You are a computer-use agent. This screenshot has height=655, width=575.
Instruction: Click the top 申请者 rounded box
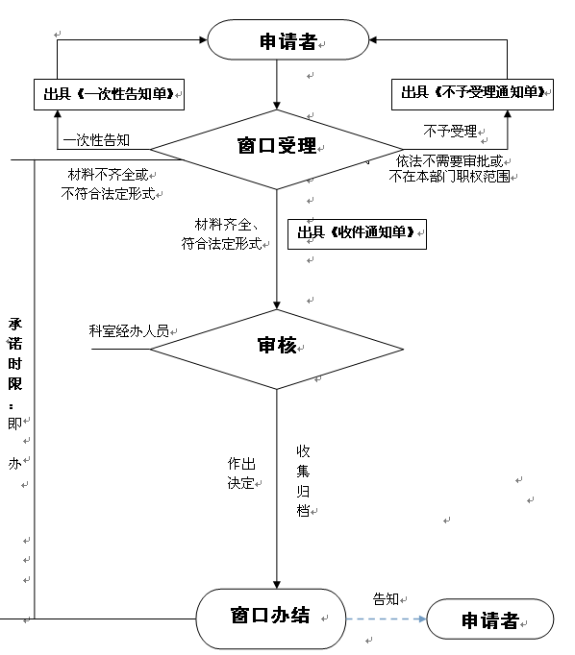(288, 39)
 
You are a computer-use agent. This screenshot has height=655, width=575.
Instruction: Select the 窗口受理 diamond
(276, 149)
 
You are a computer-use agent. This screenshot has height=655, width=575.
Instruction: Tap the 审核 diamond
(276, 349)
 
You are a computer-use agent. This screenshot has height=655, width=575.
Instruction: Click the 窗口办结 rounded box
(271, 619)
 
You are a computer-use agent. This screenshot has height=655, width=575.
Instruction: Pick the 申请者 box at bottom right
(489, 619)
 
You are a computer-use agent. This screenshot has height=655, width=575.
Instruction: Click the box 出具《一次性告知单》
(110, 94)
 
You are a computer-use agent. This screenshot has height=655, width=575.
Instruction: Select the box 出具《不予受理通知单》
(472, 94)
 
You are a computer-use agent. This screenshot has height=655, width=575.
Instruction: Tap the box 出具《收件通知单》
(357, 234)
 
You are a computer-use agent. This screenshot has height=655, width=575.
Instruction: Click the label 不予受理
(450, 132)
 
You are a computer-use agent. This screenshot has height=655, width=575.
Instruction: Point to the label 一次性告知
(96, 140)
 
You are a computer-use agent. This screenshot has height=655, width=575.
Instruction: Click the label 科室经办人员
(129, 330)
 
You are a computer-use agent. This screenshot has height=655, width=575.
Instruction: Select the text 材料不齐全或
(108, 175)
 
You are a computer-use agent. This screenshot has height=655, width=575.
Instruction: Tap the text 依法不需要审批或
(450, 160)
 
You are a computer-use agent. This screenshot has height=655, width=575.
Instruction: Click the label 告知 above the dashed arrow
(386, 599)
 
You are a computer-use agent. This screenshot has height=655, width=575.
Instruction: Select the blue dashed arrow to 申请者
(386, 619)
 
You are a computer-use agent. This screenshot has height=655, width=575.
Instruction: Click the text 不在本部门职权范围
(450, 177)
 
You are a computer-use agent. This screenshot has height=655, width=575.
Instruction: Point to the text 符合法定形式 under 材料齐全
(222, 243)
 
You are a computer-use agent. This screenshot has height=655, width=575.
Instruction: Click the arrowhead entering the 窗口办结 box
(276, 584)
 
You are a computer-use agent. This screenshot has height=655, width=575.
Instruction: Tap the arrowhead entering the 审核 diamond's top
(276, 305)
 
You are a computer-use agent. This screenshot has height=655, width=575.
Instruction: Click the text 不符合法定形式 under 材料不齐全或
(108, 193)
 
